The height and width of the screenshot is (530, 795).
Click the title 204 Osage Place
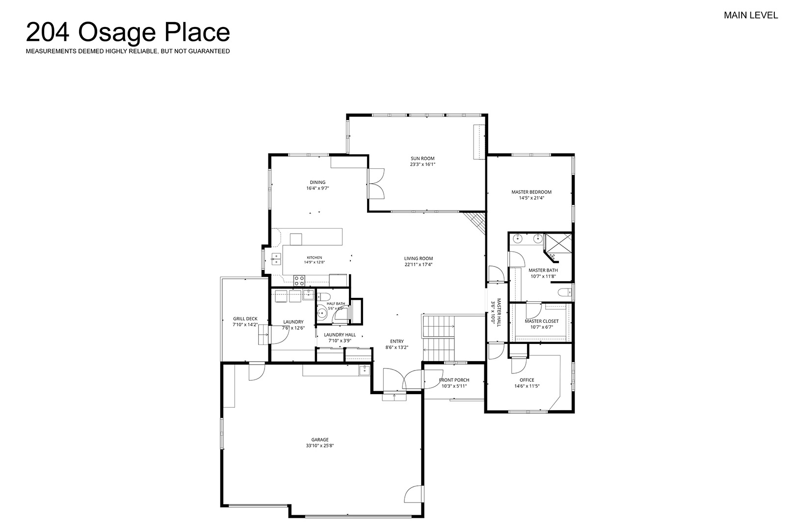coord(128,32)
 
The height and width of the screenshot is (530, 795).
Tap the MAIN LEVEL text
coord(751,15)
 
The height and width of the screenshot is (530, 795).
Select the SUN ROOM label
coord(423,159)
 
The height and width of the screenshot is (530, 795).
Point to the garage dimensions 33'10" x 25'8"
coord(320,445)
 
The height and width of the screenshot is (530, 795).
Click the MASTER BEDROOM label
coord(531,192)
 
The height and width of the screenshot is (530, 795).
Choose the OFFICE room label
coord(527,380)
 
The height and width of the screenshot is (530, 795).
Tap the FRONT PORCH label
coord(454,380)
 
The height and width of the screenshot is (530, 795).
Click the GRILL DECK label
coord(245,319)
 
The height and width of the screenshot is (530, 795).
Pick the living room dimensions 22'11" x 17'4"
coord(419,265)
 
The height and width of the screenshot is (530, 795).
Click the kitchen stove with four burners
coord(299,280)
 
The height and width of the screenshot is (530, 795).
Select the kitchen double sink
coord(276,259)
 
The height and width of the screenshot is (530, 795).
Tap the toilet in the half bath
coord(324,297)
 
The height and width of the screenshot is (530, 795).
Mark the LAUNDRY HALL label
coord(340,335)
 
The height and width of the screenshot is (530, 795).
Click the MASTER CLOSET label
coord(542,321)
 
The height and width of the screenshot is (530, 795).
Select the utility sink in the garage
coord(364,370)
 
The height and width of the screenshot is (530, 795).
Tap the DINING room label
coord(318,183)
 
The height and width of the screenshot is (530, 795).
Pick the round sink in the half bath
coord(322,314)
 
